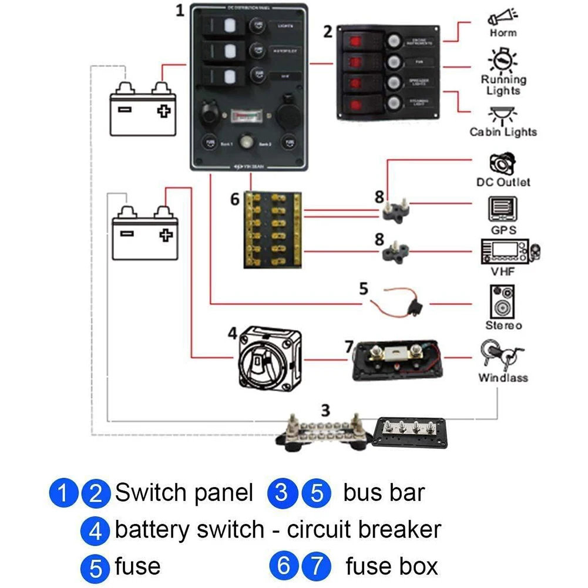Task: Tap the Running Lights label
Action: point(503,85)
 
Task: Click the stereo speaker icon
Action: point(503,302)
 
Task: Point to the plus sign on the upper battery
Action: point(162,110)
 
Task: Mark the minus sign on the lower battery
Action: point(127,233)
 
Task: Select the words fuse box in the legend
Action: point(392,566)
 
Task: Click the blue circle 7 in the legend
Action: point(317,567)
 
